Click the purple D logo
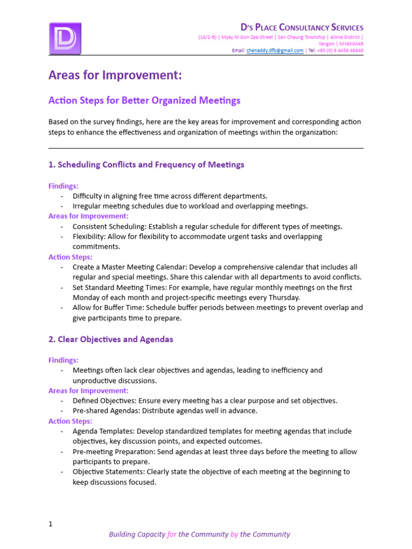tap(65, 38)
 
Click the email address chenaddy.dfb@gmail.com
tap(275, 50)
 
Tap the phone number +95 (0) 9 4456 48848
tap(340, 50)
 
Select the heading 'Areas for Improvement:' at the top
tap(115, 76)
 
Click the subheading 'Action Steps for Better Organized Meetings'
tap(144, 100)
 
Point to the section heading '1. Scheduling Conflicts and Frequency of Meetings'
tap(146, 165)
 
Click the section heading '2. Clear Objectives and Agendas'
tap(111, 339)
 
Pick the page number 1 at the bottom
tap(50, 524)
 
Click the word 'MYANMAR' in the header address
tap(351, 44)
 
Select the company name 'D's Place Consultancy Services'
tap(301, 27)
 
